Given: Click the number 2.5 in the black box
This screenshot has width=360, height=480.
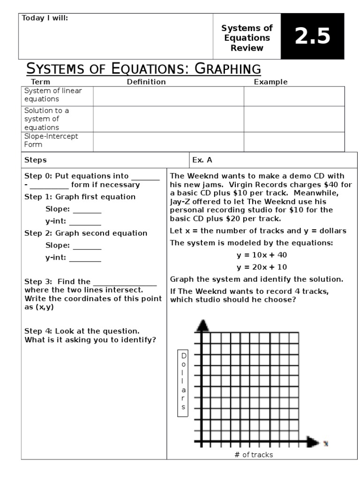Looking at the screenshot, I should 312,37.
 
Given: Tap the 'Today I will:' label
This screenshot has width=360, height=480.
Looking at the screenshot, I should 45,18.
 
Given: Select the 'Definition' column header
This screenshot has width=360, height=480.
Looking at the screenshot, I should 146,82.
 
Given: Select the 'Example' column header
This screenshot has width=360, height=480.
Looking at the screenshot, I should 270,82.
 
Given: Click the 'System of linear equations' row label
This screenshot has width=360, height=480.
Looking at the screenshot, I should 52,95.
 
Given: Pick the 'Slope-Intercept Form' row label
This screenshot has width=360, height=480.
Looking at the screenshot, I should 51,141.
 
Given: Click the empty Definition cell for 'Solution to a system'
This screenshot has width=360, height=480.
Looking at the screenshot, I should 168,119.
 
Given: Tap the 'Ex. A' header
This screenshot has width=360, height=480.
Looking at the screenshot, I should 202,160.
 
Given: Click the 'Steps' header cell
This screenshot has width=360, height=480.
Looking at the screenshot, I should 36,160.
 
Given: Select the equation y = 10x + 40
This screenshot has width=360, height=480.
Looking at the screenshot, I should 262,255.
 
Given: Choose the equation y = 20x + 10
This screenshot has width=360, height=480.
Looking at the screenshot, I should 262,267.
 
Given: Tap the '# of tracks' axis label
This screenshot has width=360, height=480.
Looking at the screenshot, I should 253,455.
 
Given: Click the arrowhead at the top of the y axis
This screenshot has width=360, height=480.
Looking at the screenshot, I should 202,325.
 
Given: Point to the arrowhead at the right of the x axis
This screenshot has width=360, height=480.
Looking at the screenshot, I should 313,442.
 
